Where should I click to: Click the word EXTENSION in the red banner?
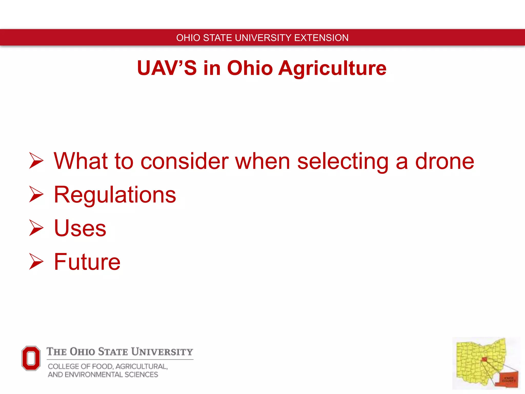pyautogui.click(x=321, y=38)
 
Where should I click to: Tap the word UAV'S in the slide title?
pyautogui.click(x=167, y=68)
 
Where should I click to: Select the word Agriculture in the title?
pyautogui.click(x=332, y=68)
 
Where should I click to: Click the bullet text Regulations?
pyautogui.click(x=115, y=195)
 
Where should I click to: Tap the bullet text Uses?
pyautogui.click(x=80, y=228)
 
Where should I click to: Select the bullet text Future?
pyautogui.click(x=87, y=262)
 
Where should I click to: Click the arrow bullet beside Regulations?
pyautogui.click(x=36, y=194)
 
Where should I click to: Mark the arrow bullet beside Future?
pyautogui.click(x=36, y=261)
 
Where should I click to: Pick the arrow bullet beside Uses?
pyautogui.click(x=36, y=228)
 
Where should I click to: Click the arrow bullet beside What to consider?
pyautogui.click(x=36, y=161)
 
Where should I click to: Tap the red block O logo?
pyautogui.click(x=31, y=358)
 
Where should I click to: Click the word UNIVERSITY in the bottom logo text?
pyautogui.click(x=162, y=352)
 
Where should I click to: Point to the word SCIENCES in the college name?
pyautogui.click(x=141, y=375)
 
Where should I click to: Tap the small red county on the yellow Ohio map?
pyautogui.click(x=484, y=359)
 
